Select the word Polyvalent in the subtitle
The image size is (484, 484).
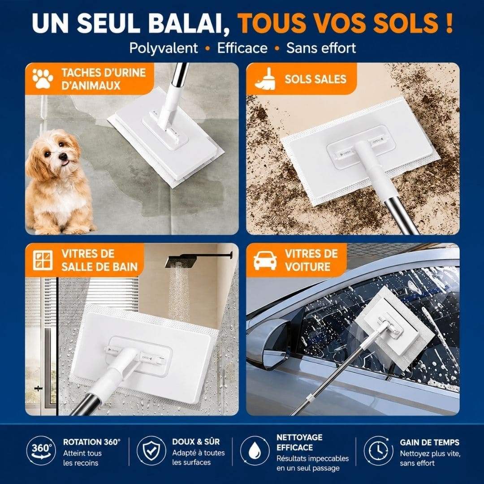coord(164,48)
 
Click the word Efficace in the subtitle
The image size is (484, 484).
coord(242,48)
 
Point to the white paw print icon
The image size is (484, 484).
coord(43,79)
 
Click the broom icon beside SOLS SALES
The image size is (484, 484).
coord(265,79)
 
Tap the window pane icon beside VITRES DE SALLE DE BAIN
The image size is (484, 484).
coord(43,260)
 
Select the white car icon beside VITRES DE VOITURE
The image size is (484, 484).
coord(265,260)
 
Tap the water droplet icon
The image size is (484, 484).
coord(255,450)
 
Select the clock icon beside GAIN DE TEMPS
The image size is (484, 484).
coord(378,450)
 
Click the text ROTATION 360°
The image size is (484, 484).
coord(92,442)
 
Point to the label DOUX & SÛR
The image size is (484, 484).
coord(196,442)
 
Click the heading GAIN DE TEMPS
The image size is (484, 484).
coord(430,442)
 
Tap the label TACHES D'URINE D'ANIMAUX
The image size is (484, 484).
coord(104,79)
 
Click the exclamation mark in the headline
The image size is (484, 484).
coord(449,23)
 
